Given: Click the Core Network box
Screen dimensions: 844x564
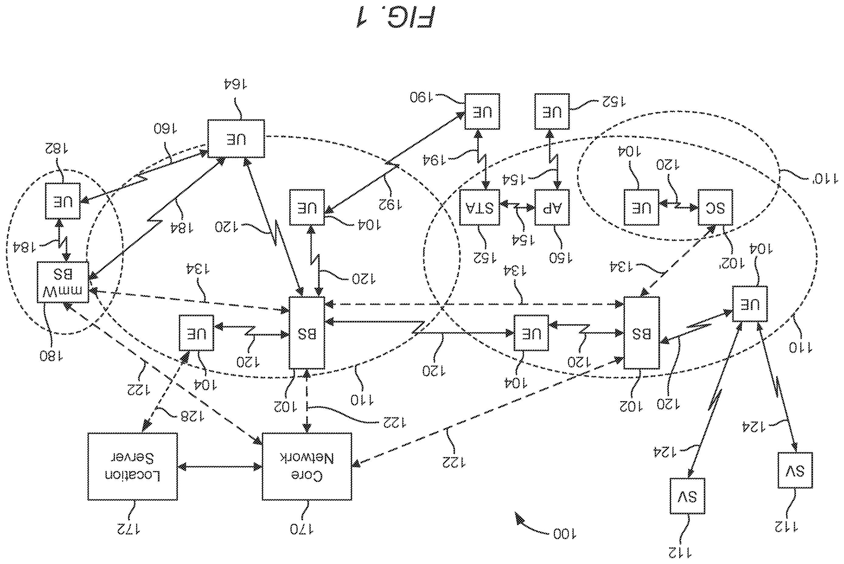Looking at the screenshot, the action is (x=307, y=466).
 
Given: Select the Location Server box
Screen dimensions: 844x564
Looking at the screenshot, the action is (x=132, y=466).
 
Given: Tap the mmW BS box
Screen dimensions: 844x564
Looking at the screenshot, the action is (x=63, y=282).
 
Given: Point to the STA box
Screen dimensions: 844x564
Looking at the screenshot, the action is (x=479, y=208).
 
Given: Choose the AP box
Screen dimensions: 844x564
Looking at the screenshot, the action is (x=552, y=208).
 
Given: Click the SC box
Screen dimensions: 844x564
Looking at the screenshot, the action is (x=715, y=208).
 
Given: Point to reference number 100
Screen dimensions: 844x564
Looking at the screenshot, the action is (x=564, y=534).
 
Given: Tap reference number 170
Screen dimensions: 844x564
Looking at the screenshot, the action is (x=302, y=529).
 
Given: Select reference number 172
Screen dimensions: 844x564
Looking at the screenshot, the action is (x=128, y=529).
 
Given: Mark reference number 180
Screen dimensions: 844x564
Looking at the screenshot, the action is (x=51, y=356).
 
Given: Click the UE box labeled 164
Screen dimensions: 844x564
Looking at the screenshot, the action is (x=236, y=139).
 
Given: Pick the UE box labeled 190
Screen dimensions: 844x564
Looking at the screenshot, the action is (x=482, y=112).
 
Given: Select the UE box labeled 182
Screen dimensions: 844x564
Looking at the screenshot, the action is (x=63, y=201).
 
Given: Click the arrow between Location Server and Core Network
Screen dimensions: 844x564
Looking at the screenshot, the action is (x=220, y=467).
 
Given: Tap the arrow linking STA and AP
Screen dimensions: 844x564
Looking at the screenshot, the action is (x=517, y=206).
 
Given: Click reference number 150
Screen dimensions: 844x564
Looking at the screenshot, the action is (x=561, y=258).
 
